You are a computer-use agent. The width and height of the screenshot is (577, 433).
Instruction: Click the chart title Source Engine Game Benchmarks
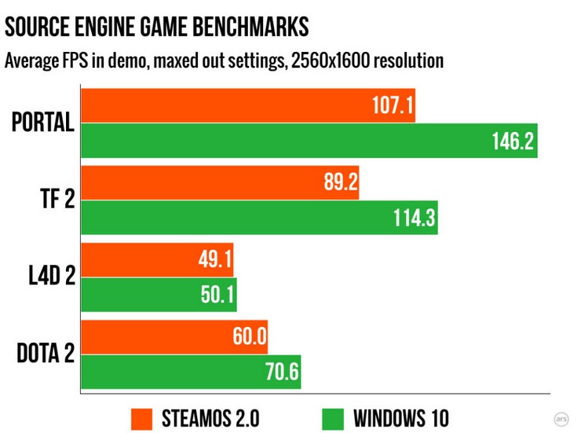pyautogui.click(x=157, y=28)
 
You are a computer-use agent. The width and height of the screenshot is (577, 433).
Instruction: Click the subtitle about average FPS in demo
pyautogui.click(x=224, y=61)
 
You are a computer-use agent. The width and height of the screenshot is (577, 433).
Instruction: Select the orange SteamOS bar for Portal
pyautogui.click(x=247, y=105)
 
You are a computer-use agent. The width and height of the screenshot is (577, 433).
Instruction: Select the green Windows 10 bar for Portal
pyautogui.click(x=309, y=141)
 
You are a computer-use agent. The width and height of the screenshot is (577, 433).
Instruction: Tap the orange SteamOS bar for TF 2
pyautogui.click(x=220, y=182)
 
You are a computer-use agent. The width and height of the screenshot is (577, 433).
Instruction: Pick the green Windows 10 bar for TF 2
pyautogui.click(x=259, y=218)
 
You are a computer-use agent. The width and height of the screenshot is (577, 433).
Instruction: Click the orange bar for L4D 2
pyautogui.click(x=157, y=259)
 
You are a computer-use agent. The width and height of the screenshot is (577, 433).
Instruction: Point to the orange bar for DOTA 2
pyautogui.click(x=174, y=336)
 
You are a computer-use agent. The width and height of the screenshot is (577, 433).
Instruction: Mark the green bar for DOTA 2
pyautogui.click(x=191, y=372)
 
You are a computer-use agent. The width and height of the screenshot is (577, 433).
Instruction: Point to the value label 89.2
pyautogui.click(x=340, y=183)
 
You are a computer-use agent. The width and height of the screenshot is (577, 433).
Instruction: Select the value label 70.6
pyautogui.click(x=281, y=372)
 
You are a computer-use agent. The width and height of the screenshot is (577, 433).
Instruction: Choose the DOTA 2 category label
pyautogui.click(x=46, y=354)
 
